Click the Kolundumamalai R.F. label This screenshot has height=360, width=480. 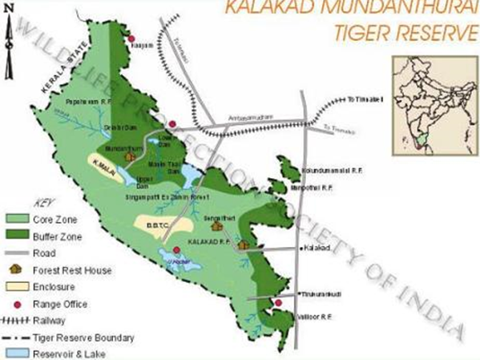pos(329,171)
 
